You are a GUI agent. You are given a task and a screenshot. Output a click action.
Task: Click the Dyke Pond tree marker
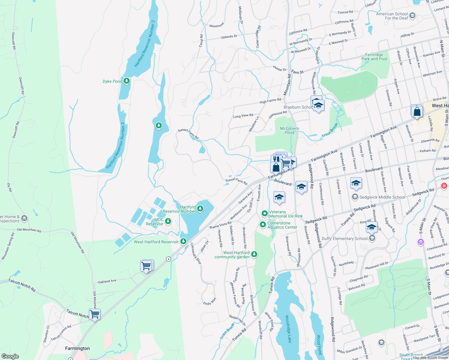(x=127, y=81)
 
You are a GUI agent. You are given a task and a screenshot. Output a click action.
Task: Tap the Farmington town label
(x=77, y=348)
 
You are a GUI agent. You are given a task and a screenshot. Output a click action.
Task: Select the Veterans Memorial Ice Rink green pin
(x=264, y=214)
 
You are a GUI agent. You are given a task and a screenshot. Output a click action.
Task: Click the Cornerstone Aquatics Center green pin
(x=263, y=224)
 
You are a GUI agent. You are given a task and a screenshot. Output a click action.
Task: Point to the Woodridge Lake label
(x=288, y=329)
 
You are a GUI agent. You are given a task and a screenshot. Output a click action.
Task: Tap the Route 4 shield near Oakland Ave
(x=169, y=259)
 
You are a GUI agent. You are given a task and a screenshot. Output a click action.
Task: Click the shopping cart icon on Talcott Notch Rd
(x=95, y=314)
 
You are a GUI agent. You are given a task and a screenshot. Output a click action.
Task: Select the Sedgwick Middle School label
(x=382, y=197)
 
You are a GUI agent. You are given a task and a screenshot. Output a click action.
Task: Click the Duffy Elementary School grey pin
(x=372, y=238)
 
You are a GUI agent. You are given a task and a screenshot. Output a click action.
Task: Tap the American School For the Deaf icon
(x=412, y=16)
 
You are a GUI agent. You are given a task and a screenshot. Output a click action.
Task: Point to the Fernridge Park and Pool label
(x=374, y=57)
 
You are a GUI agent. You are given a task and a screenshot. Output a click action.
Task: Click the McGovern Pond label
(x=289, y=130)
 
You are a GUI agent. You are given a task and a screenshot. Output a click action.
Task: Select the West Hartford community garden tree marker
(x=254, y=254)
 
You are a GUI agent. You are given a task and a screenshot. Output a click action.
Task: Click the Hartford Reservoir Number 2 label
(x=145, y=44)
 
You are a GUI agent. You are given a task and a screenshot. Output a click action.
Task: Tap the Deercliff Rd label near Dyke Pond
(x=21, y=86)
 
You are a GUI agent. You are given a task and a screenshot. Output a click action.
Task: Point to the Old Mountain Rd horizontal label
(x=29, y=230)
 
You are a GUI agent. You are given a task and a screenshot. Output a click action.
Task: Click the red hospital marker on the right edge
(x=444, y=186)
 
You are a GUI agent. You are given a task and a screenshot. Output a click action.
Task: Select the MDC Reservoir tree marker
(x=168, y=221)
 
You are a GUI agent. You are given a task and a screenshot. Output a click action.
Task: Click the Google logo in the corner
(x=10, y=356)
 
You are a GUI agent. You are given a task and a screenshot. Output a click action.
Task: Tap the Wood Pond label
(x=319, y=345)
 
